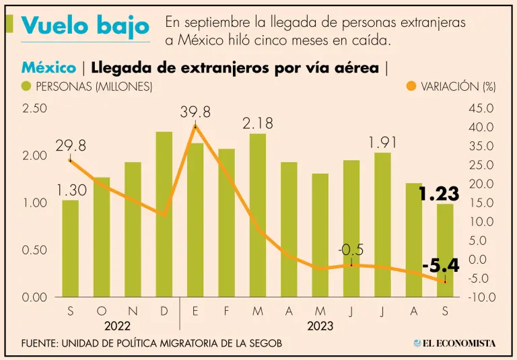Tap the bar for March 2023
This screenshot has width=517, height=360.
pos(258,215)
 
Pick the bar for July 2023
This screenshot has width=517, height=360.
pos(383,225)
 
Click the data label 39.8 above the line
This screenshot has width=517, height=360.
pos(195,112)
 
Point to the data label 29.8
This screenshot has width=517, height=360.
pos(71,146)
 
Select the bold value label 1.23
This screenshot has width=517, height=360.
pos(439,194)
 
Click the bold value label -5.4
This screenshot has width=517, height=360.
pos(441,266)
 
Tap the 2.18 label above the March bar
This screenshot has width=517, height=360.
pos(258,123)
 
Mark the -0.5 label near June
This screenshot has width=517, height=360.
pos(351,250)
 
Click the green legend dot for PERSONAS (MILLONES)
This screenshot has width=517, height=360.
pos(27,86)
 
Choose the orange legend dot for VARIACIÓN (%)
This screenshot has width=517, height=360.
pos(412,86)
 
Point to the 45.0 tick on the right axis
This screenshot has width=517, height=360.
pos(481,108)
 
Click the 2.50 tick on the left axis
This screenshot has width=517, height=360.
pos(34,108)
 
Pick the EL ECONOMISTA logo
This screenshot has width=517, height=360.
pos(455,343)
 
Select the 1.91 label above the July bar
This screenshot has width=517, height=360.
pos(383,143)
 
